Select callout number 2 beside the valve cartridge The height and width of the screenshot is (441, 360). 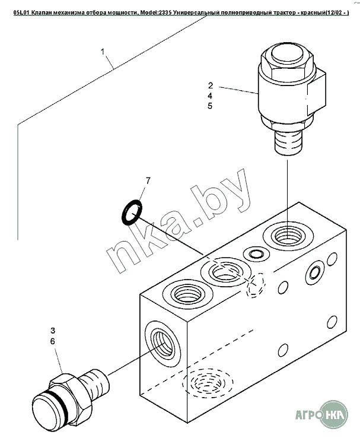[x=210, y=85]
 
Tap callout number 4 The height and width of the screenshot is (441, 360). [x=210, y=96]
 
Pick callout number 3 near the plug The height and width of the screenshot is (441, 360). [x=52, y=330]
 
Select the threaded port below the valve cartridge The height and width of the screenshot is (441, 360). [x=286, y=236]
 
